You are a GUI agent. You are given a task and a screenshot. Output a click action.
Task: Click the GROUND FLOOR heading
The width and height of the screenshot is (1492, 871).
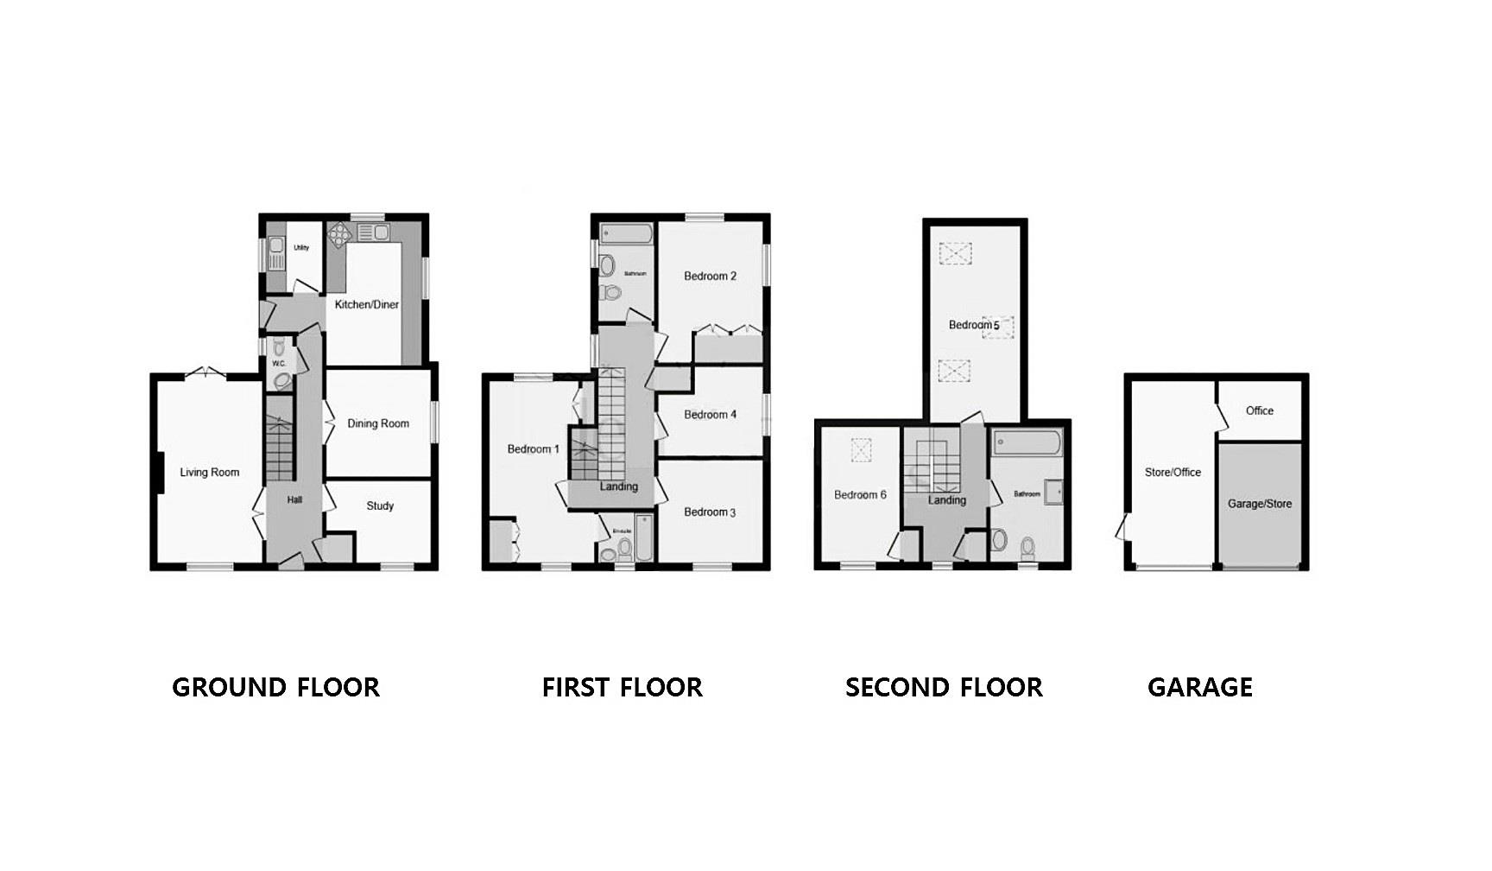tap(275, 688)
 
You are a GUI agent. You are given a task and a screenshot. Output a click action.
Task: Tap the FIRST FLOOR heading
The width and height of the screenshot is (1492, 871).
tap(622, 688)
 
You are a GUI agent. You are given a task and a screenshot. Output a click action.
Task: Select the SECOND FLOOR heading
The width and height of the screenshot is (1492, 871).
tap(944, 688)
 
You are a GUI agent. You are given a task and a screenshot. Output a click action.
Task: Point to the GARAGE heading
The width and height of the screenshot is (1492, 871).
tap(1199, 688)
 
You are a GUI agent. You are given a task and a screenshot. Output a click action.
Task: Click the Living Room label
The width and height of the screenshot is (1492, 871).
tap(209, 473)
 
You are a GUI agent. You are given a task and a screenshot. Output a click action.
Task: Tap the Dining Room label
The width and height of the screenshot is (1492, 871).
tap(378, 423)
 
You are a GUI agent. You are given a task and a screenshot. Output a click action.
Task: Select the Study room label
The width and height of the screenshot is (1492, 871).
tap(380, 506)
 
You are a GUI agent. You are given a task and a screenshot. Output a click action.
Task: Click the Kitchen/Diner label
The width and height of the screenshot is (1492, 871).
tap(367, 304)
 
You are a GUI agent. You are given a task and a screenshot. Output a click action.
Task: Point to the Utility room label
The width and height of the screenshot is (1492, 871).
tap(301, 248)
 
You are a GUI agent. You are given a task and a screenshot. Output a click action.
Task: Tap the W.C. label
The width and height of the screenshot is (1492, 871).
tap(279, 364)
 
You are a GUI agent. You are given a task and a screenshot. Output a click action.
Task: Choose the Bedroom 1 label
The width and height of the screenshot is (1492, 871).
tap(533, 449)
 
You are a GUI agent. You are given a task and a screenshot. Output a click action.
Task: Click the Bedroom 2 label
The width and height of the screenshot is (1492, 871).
tap(710, 277)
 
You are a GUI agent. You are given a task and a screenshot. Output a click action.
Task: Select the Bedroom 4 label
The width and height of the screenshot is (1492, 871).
tap(710, 415)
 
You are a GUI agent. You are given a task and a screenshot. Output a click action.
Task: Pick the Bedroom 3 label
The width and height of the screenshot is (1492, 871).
tap(710, 512)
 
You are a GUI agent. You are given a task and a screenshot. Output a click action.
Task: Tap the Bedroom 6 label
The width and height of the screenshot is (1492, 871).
tap(860, 495)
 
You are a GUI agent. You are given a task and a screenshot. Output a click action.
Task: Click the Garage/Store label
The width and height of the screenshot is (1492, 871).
tap(1260, 504)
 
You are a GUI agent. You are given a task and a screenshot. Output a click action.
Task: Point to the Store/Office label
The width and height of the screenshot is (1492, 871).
tap(1173, 473)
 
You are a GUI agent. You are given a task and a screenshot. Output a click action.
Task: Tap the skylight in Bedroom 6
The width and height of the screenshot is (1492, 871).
tap(861, 450)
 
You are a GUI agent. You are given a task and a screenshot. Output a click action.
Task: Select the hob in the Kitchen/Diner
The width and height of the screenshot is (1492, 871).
tap(340, 232)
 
